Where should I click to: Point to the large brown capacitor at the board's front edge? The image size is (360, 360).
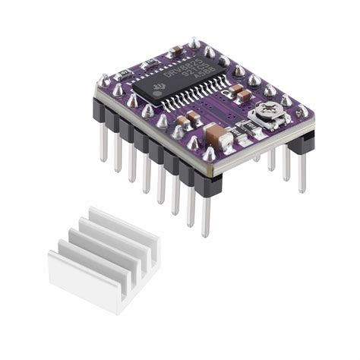[x=214, y=139]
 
